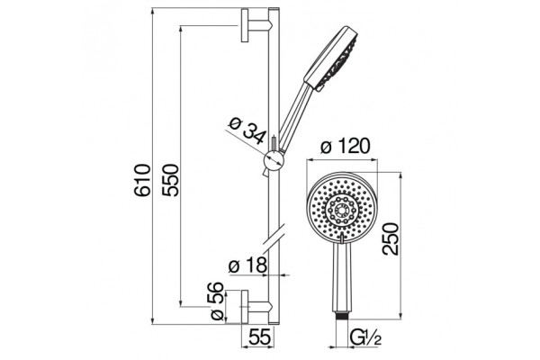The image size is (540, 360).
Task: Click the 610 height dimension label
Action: point(142,180)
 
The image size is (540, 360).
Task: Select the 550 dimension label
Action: point(171,180)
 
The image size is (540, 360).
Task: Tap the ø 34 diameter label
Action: point(247,130)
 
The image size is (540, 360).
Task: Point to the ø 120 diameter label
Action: point(346,146)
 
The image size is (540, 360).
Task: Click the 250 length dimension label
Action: point(391,239)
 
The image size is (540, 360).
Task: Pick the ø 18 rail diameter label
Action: point(247,265)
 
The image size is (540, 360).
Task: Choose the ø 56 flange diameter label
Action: point(217,301)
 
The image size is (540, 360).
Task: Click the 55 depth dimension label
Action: point(259,337)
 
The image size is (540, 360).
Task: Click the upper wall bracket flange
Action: point(245,25)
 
